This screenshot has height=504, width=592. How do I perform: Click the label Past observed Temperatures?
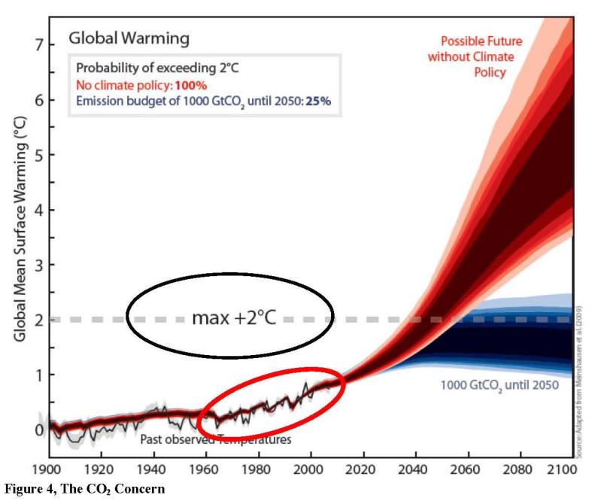point(215,439)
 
